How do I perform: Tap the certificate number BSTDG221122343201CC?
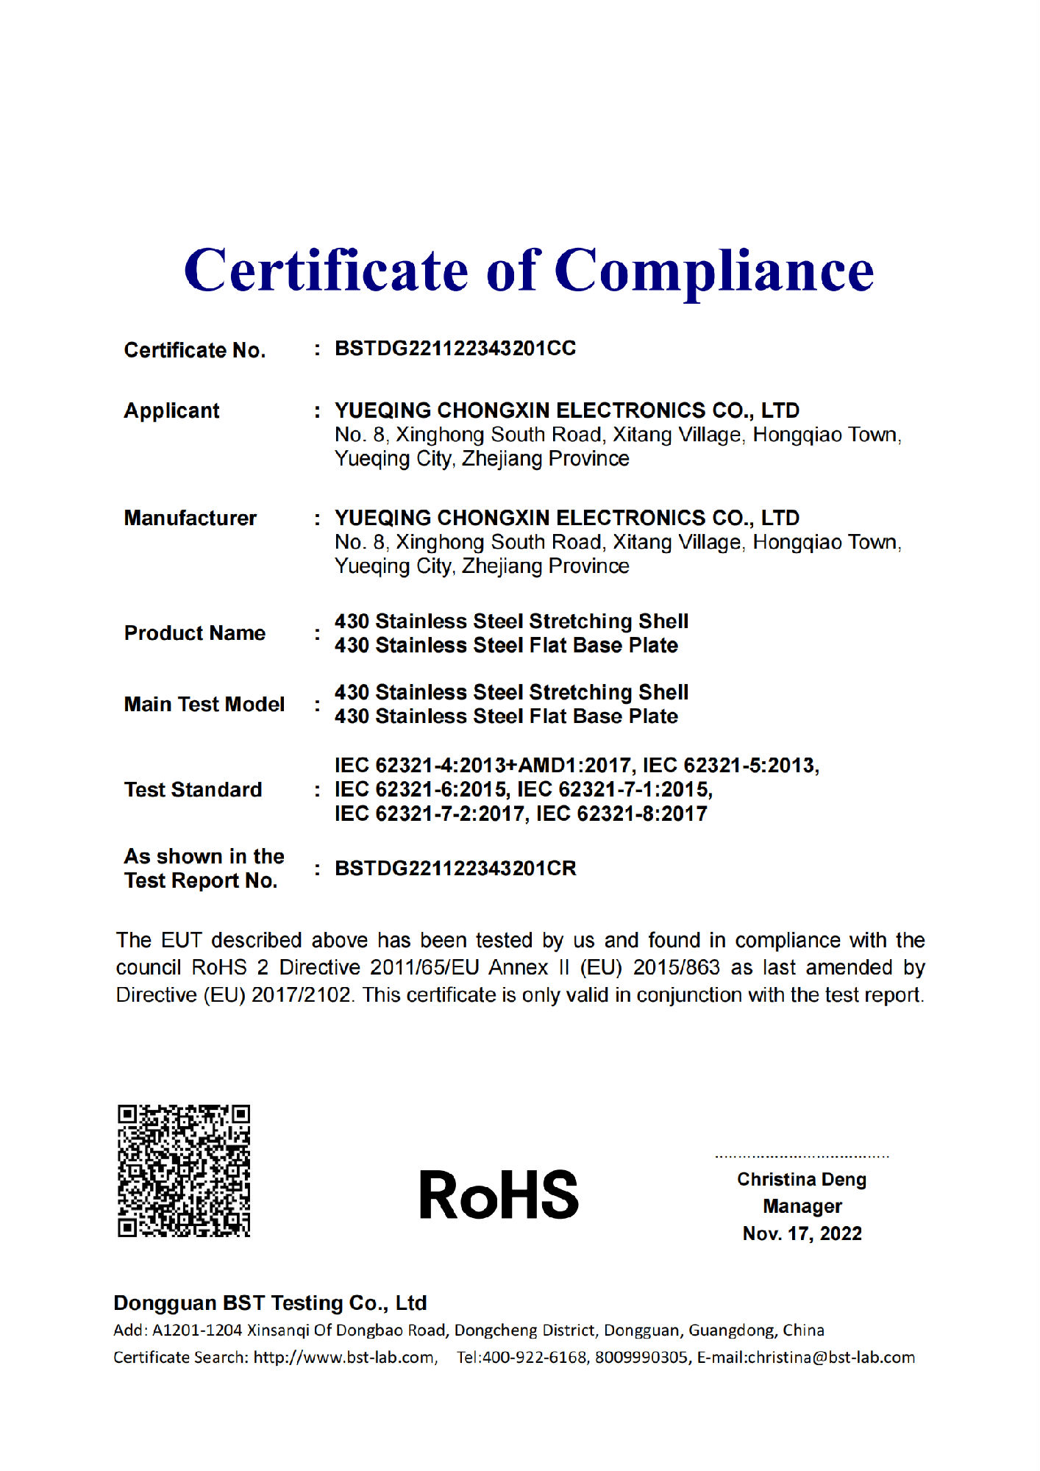pyautogui.click(x=455, y=349)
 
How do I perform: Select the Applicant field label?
pyautogui.click(x=171, y=410)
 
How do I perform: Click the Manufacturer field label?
pyautogui.click(x=190, y=519)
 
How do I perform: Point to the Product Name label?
pyautogui.click(x=194, y=633)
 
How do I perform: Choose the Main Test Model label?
pyautogui.click(x=204, y=705)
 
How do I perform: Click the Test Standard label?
pyautogui.click(x=193, y=790)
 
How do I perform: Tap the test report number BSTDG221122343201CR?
pyautogui.click(x=455, y=869)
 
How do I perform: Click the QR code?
pyautogui.click(x=184, y=1170)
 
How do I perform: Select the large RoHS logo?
pyautogui.click(x=499, y=1194)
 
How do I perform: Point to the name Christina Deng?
pyautogui.click(x=802, y=1180)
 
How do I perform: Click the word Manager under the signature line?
pyautogui.click(x=802, y=1207)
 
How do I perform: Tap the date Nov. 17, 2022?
pyautogui.click(x=802, y=1233)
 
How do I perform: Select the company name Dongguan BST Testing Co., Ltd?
pyautogui.click(x=270, y=1303)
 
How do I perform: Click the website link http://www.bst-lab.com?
pyautogui.click(x=344, y=1358)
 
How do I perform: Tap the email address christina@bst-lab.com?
pyautogui.click(x=830, y=1358)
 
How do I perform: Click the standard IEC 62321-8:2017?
pyautogui.click(x=621, y=814)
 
